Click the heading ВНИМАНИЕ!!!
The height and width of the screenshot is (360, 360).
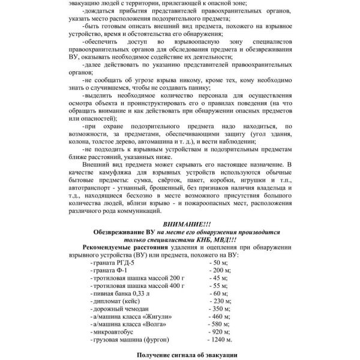179,224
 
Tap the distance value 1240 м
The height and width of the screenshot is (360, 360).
221,340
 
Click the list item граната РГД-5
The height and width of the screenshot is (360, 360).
112,263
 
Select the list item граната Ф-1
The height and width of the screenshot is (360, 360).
109,271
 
